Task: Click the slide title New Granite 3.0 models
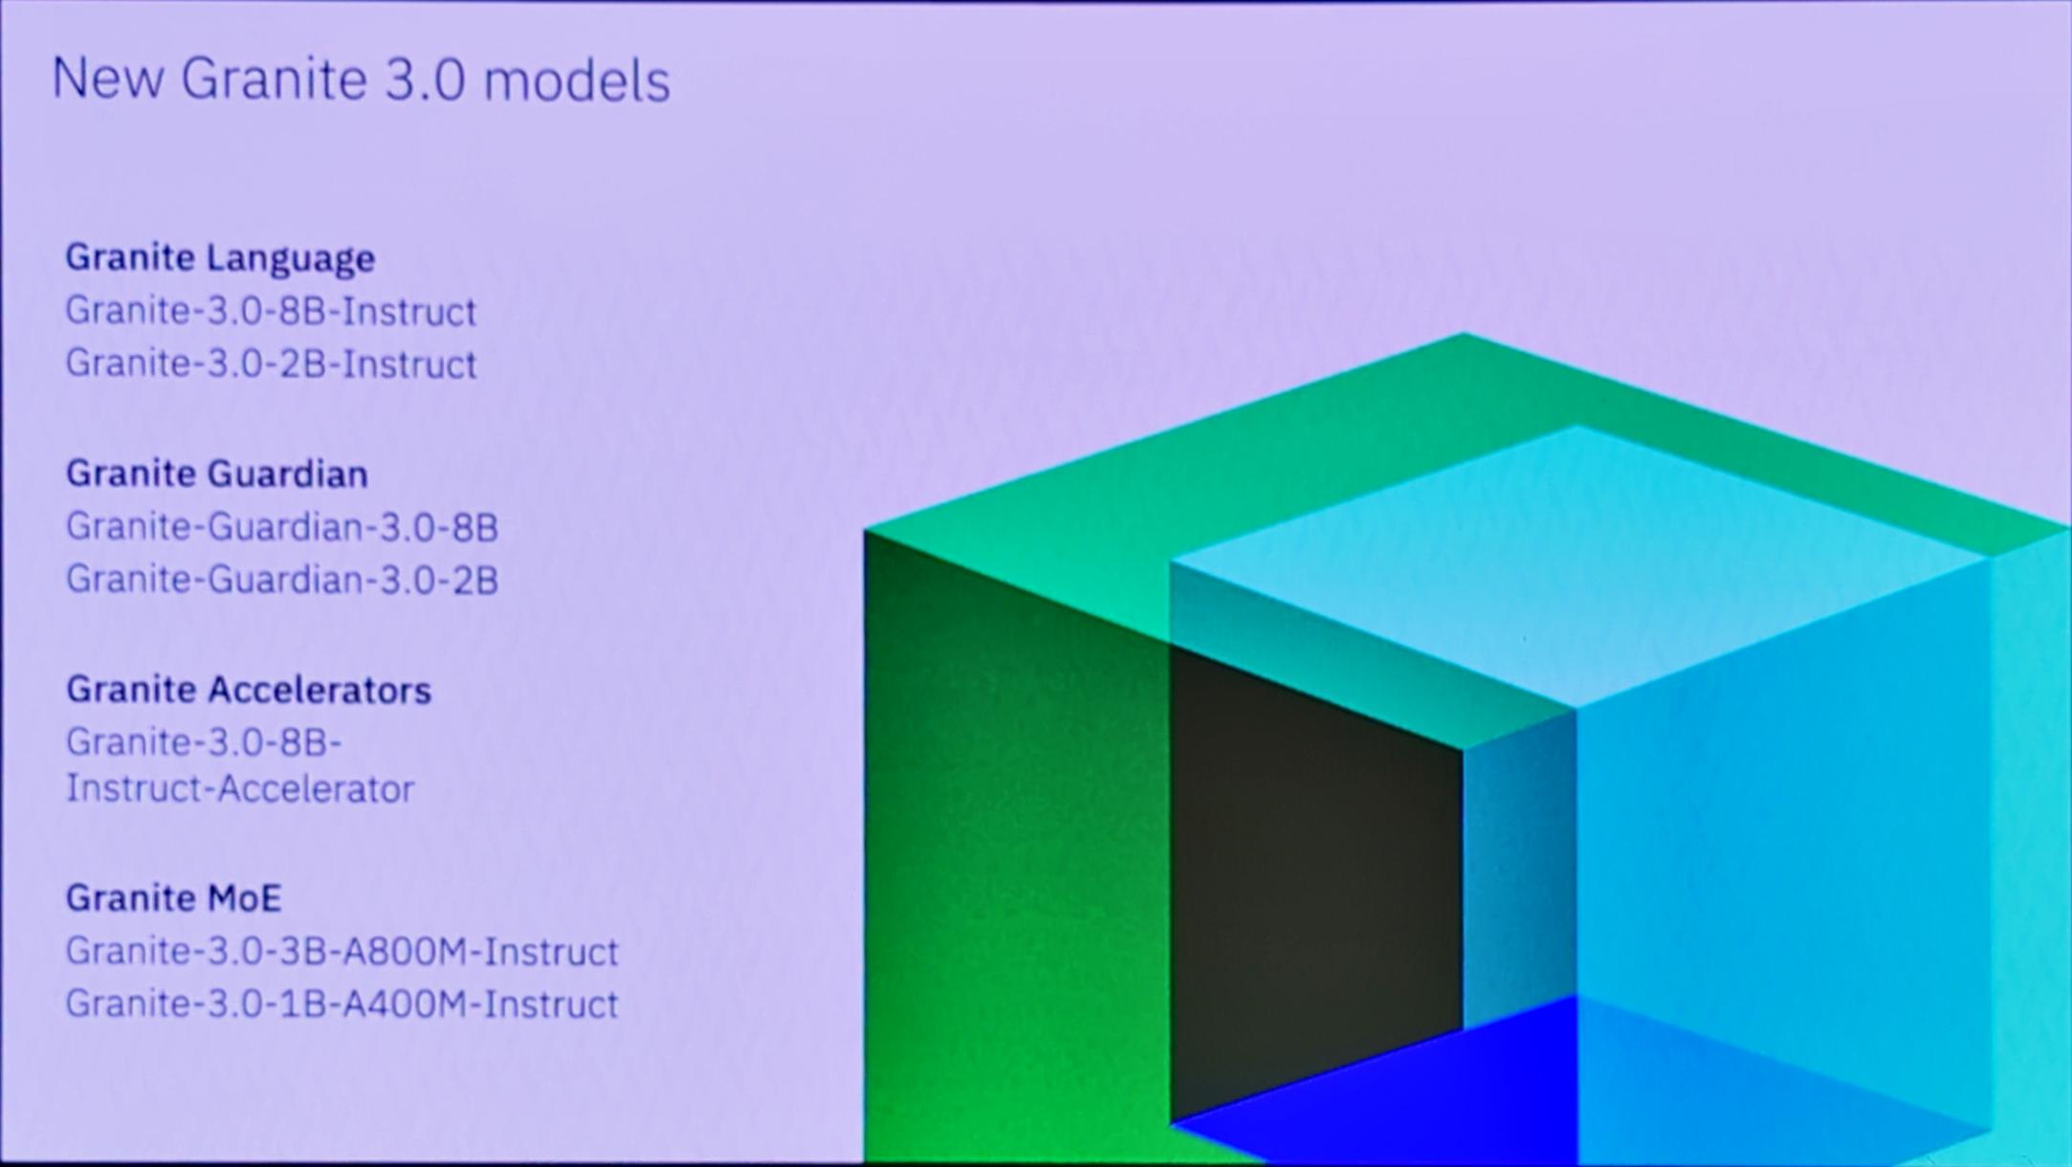pyautogui.click(x=360, y=79)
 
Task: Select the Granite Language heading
pyautogui.click(x=220, y=258)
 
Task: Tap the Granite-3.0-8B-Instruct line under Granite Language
pyautogui.click(x=270, y=312)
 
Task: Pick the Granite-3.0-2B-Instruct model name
pyautogui.click(x=270, y=364)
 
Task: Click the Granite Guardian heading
pyautogui.click(x=216, y=474)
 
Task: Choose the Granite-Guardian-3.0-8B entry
pyautogui.click(x=281, y=527)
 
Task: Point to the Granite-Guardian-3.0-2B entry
pyautogui.click(x=281, y=580)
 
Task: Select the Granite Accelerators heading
pyautogui.click(x=248, y=691)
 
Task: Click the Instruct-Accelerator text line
pyautogui.click(x=239, y=789)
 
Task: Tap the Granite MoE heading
pyautogui.click(x=173, y=898)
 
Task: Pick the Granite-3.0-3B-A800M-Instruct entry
pyautogui.click(x=342, y=952)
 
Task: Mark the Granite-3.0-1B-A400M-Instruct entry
pyautogui.click(x=342, y=1004)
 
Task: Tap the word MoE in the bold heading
pyautogui.click(x=243, y=898)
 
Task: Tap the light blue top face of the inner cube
pyautogui.click(x=1578, y=564)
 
